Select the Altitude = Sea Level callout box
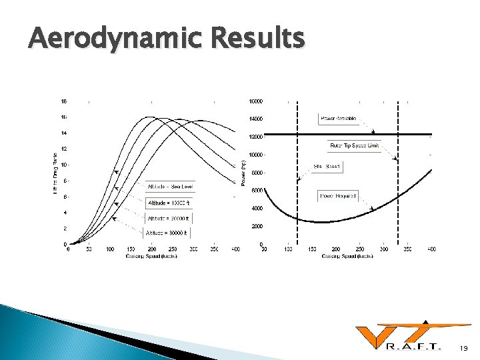click(x=168, y=187)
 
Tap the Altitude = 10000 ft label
click(x=168, y=203)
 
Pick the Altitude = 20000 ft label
click(x=168, y=218)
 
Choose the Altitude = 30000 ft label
click(x=168, y=233)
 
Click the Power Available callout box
click(x=338, y=119)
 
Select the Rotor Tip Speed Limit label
click(x=353, y=145)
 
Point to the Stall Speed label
click(x=327, y=167)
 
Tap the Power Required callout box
click(x=338, y=196)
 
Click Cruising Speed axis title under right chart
click(x=347, y=256)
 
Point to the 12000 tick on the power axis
click(x=256, y=137)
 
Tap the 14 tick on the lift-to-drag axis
click(x=64, y=133)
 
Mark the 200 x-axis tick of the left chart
click(x=151, y=249)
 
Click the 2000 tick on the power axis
click(x=257, y=227)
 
